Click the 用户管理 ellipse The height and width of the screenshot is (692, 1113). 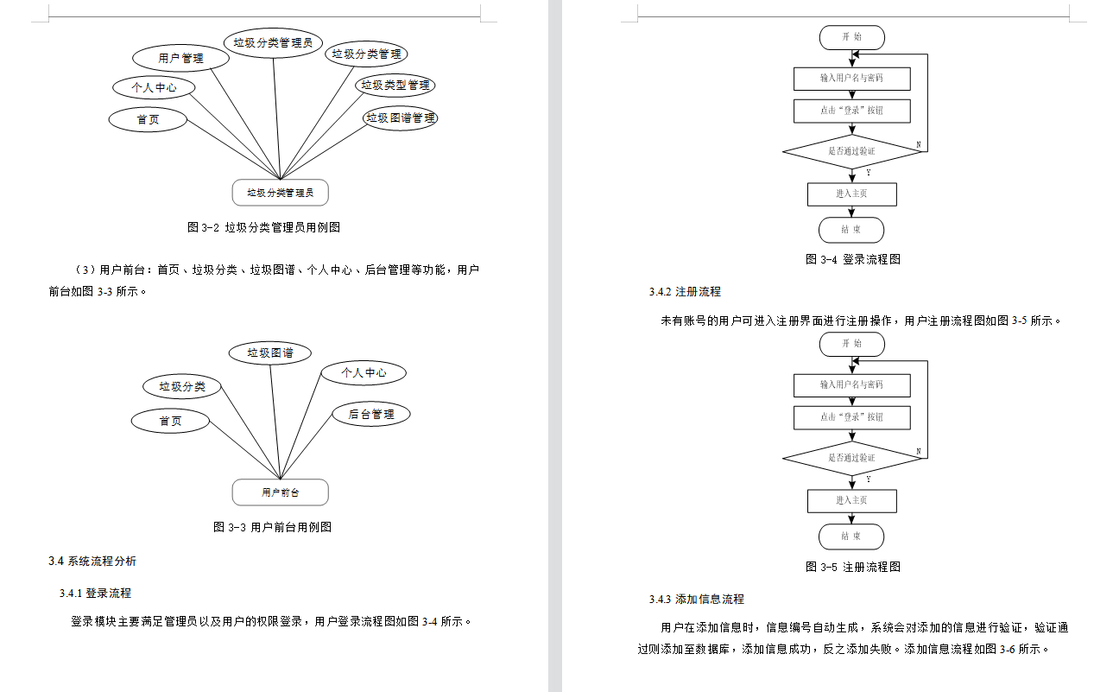[x=181, y=58]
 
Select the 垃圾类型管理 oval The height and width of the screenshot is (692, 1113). [x=395, y=85]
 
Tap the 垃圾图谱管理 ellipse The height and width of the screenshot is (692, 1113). [x=401, y=117]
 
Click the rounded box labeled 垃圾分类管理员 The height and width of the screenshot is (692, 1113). [x=281, y=193]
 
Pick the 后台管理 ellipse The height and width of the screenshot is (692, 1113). [x=371, y=414]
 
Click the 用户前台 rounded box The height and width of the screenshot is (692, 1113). [x=281, y=492]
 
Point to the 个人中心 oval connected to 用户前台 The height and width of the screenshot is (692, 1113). [x=364, y=372]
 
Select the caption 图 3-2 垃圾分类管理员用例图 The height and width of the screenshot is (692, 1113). [x=263, y=227]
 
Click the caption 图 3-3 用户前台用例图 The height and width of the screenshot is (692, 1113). [x=272, y=527]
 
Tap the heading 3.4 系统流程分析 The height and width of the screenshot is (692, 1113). [x=92, y=561]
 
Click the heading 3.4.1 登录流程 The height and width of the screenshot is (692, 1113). [x=95, y=593]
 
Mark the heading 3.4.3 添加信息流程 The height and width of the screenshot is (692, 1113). [x=696, y=599]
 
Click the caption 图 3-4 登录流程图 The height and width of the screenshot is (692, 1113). [x=852, y=259]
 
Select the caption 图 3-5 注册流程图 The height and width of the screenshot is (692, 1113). [x=852, y=567]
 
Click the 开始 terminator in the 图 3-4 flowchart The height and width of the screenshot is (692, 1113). [x=851, y=37]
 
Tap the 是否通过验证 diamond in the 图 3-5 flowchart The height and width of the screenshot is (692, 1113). [x=851, y=458]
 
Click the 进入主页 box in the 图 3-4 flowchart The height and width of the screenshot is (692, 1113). [x=851, y=194]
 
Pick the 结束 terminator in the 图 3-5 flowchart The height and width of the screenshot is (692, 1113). [x=851, y=536]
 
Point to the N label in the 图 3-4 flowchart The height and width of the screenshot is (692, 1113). [x=918, y=144]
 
